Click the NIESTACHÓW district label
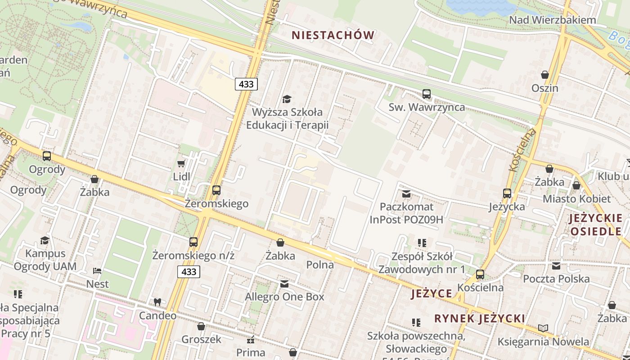pos(333,35)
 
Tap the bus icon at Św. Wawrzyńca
pos(426,94)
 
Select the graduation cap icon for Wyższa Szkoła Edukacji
pos(287,99)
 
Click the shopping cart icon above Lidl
pos(181,163)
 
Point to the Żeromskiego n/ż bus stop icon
pos(193,242)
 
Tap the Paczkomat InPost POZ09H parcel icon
pos(406,194)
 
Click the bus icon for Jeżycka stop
pos(507,193)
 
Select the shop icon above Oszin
pos(544,75)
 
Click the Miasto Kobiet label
pos(576,198)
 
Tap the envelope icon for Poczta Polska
pos(556,265)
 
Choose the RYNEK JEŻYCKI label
pos(479,319)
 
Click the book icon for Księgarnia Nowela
pos(543,328)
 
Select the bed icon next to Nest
pos(97,271)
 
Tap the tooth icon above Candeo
pos(157,302)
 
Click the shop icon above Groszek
pos(201,326)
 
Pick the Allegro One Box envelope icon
pos(284,284)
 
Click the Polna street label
pos(320,265)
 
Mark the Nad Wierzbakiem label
pos(552,20)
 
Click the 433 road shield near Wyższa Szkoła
pos(246,84)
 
